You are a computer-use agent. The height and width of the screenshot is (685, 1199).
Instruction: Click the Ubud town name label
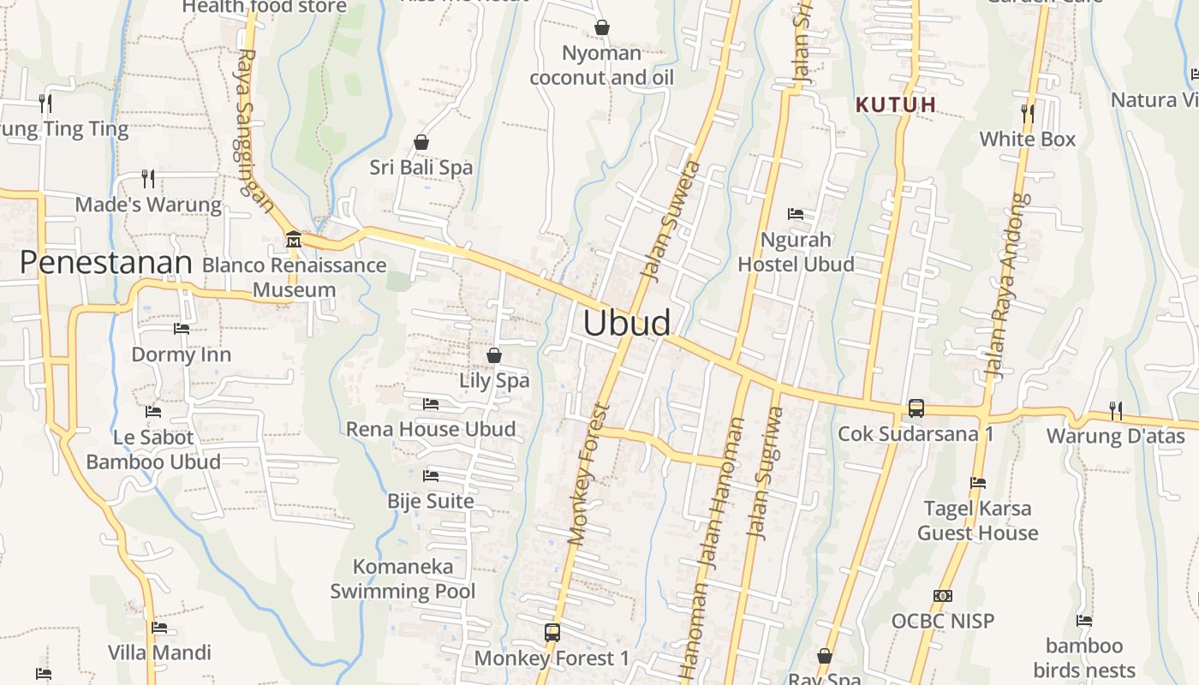coord(627,324)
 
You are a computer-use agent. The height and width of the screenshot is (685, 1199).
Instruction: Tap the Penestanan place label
coord(105,262)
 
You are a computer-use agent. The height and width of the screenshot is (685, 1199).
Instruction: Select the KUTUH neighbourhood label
coord(896,104)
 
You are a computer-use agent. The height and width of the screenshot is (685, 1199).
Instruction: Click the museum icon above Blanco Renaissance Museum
coord(294,238)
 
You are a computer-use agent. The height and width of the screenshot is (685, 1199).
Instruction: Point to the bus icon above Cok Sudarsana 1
coord(916,408)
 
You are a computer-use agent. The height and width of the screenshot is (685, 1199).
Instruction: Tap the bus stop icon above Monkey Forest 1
coord(552,633)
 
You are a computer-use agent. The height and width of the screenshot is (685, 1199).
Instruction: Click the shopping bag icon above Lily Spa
coord(494,354)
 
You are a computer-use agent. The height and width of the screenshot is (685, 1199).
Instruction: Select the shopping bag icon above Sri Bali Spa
coord(421,141)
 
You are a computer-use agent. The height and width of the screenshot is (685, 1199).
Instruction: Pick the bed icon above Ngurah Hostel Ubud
coord(796,213)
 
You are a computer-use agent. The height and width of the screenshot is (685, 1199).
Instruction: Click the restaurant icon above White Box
coord(1027,112)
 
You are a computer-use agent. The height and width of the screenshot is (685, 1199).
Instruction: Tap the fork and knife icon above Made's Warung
coord(148,178)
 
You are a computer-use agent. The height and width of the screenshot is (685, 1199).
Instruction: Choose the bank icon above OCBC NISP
coord(943,595)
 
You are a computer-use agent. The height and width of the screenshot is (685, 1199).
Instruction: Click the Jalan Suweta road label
coord(671,220)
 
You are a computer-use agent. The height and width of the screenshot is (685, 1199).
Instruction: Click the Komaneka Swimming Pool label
coord(403,579)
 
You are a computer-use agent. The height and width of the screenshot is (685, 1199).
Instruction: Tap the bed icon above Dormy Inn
coord(181,328)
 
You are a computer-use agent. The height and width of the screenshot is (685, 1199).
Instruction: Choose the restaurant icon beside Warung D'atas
coord(1115,410)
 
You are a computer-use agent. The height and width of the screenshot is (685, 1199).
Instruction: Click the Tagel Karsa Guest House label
coord(977,521)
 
